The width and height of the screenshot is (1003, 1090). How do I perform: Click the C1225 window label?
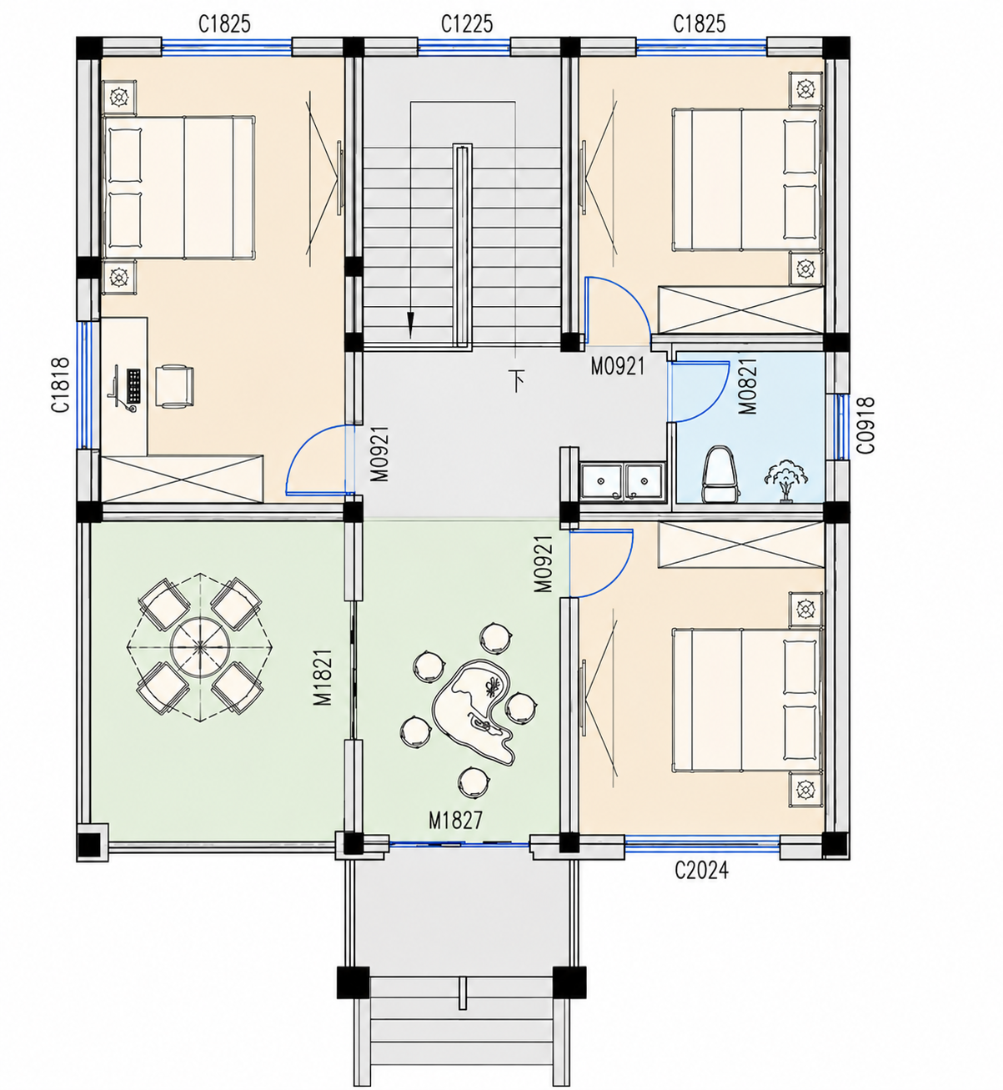(467, 24)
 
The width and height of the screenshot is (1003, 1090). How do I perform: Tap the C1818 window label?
(61, 384)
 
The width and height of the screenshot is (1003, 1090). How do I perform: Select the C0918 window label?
(866, 425)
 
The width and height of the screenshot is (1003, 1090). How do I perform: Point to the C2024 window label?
(701, 871)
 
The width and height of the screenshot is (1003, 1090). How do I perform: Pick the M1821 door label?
(323, 677)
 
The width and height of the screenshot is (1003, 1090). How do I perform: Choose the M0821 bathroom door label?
(749, 386)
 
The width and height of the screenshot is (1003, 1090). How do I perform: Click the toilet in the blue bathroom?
(720, 474)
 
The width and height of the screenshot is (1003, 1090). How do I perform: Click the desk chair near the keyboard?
(174, 386)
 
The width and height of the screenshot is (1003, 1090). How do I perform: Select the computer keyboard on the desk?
(133, 386)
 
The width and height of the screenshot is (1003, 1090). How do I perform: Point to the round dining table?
(200, 646)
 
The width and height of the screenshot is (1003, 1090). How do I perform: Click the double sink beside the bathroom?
(623, 480)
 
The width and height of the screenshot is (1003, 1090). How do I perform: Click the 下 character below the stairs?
(517, 380)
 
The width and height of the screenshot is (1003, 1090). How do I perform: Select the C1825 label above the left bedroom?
(224, 24)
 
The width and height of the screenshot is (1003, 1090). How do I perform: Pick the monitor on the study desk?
(116, 386)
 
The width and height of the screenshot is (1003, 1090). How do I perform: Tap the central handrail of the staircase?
(463, 244)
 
